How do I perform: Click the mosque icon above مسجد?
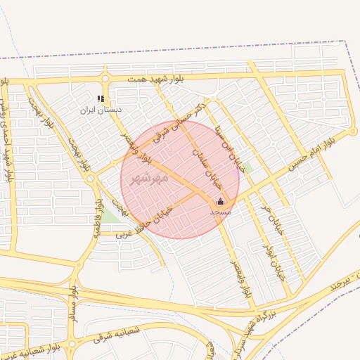219,202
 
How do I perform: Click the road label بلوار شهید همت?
155,79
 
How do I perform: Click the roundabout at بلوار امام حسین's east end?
353,131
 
